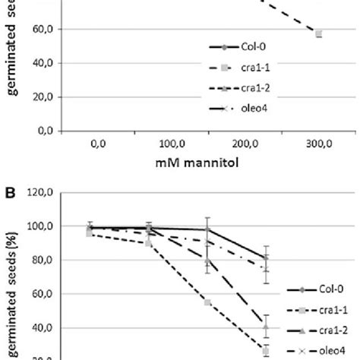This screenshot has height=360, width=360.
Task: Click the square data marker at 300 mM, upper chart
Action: click(x=319, y=33)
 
